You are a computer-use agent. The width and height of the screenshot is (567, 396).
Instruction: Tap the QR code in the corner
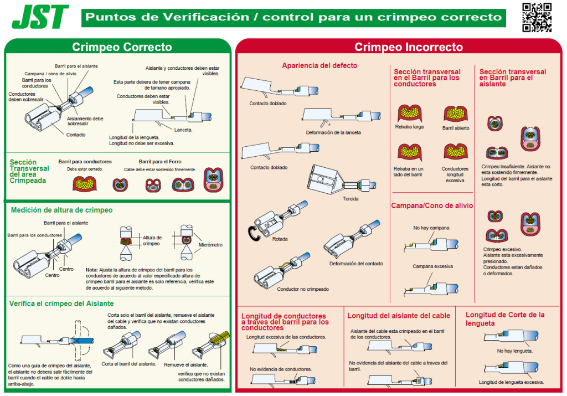pyautogui.click(x=537, y=17)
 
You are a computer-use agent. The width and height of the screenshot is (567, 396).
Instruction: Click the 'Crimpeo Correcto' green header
pyautogui.click(x=122, y=47)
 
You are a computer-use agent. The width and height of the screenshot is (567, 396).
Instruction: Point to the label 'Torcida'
pyautogui.click(x=350, y=199)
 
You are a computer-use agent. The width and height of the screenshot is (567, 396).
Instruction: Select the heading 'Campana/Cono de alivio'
pyautogui.click(x=432, y=205)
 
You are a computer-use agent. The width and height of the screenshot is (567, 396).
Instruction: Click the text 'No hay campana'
pyautogui.click(x=431, y=228)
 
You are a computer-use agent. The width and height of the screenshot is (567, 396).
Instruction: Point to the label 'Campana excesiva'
pyautogui.click(x=432, y=266)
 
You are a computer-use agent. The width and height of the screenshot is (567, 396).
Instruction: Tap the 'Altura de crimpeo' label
pyautogui.click(x=151, y=240)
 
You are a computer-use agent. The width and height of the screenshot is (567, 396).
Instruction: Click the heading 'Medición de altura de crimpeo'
pyautogui.click(x=61, y=210)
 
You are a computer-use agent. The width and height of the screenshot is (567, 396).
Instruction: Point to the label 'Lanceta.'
pyautogui.click(x=183, y=130)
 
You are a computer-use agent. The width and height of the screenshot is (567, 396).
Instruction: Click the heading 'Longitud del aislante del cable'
pyautogui.click(x=399, y=316)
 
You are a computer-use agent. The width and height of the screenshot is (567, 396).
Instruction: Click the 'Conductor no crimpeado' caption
pyautogui.click(x=303, y=289)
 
